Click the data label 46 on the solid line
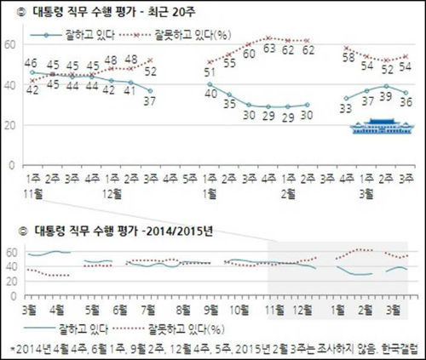(x=30, y=64)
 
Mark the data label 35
(x=230, y=104)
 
